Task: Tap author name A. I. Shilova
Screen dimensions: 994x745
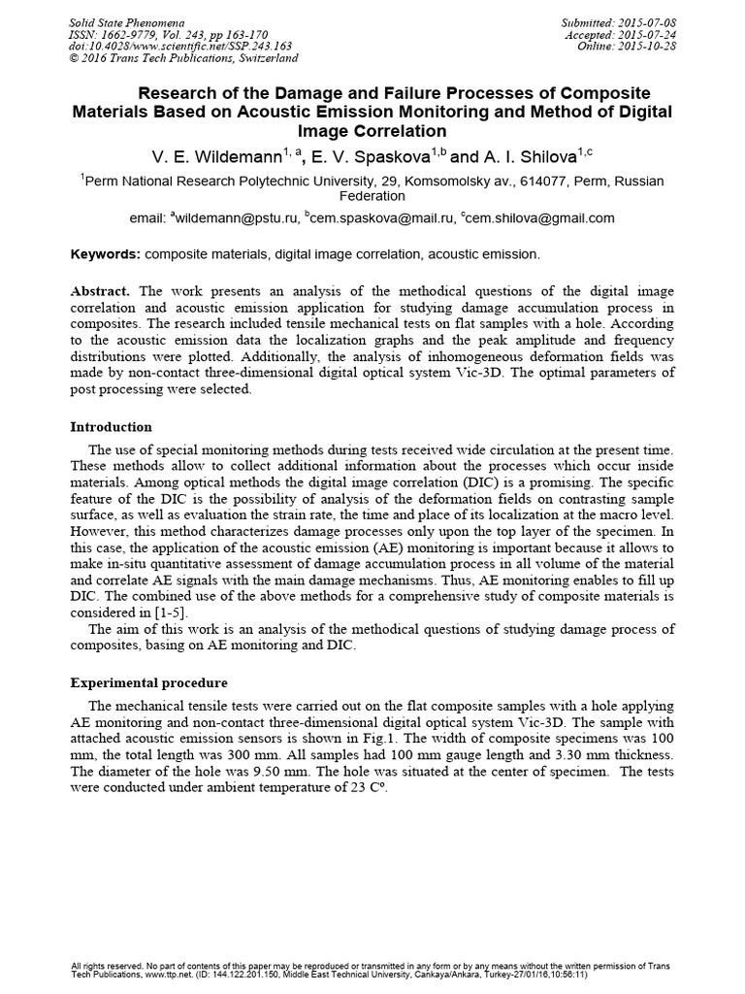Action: point(532,156)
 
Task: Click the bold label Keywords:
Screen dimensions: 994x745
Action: point(106,254)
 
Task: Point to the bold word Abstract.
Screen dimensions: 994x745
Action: point(102,291)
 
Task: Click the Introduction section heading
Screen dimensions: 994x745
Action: point(112,427)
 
